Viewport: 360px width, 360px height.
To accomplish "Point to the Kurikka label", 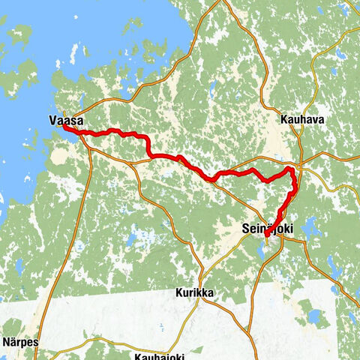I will pyautogui.click(x=196, y=292).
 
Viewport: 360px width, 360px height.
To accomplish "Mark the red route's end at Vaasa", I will pyautogui.click(x=65, y=128).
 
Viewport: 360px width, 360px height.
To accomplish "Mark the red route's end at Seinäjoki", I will pyautogui.click(x=266, y=237).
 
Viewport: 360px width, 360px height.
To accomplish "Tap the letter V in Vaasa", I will pyautogui.click(x=52, y=119).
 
